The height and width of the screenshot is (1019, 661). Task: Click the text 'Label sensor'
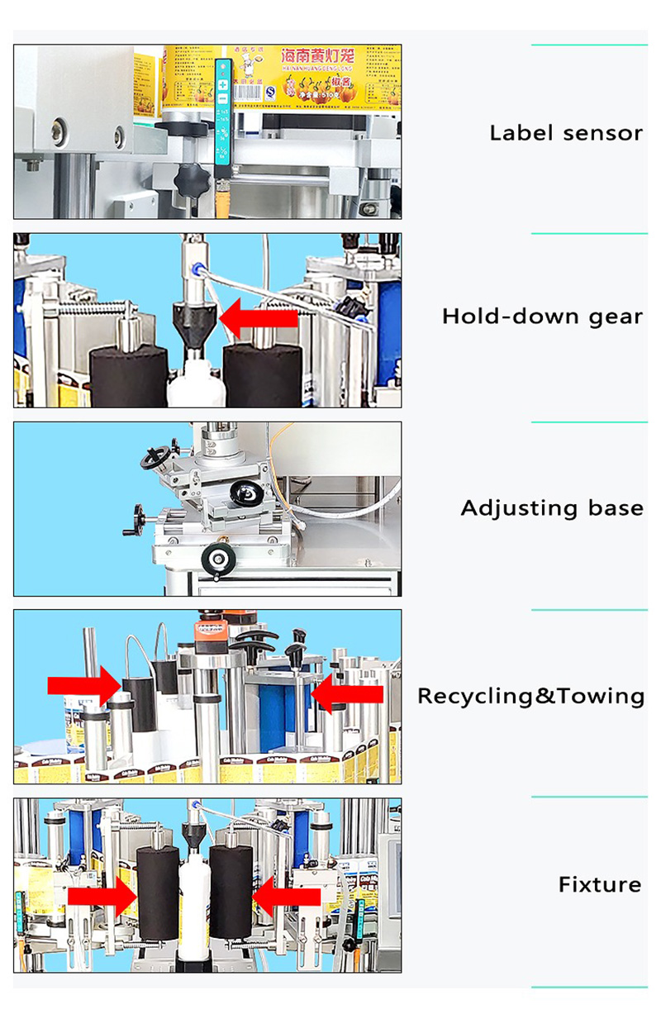565,132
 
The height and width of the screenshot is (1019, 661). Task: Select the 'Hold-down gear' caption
542,316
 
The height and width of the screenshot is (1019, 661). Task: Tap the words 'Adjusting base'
551,507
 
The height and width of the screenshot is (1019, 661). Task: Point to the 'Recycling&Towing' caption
530,696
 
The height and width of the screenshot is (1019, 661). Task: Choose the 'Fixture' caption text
599,884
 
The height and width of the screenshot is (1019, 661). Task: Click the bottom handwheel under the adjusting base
219,559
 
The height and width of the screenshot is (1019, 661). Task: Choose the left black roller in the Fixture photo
158,893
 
